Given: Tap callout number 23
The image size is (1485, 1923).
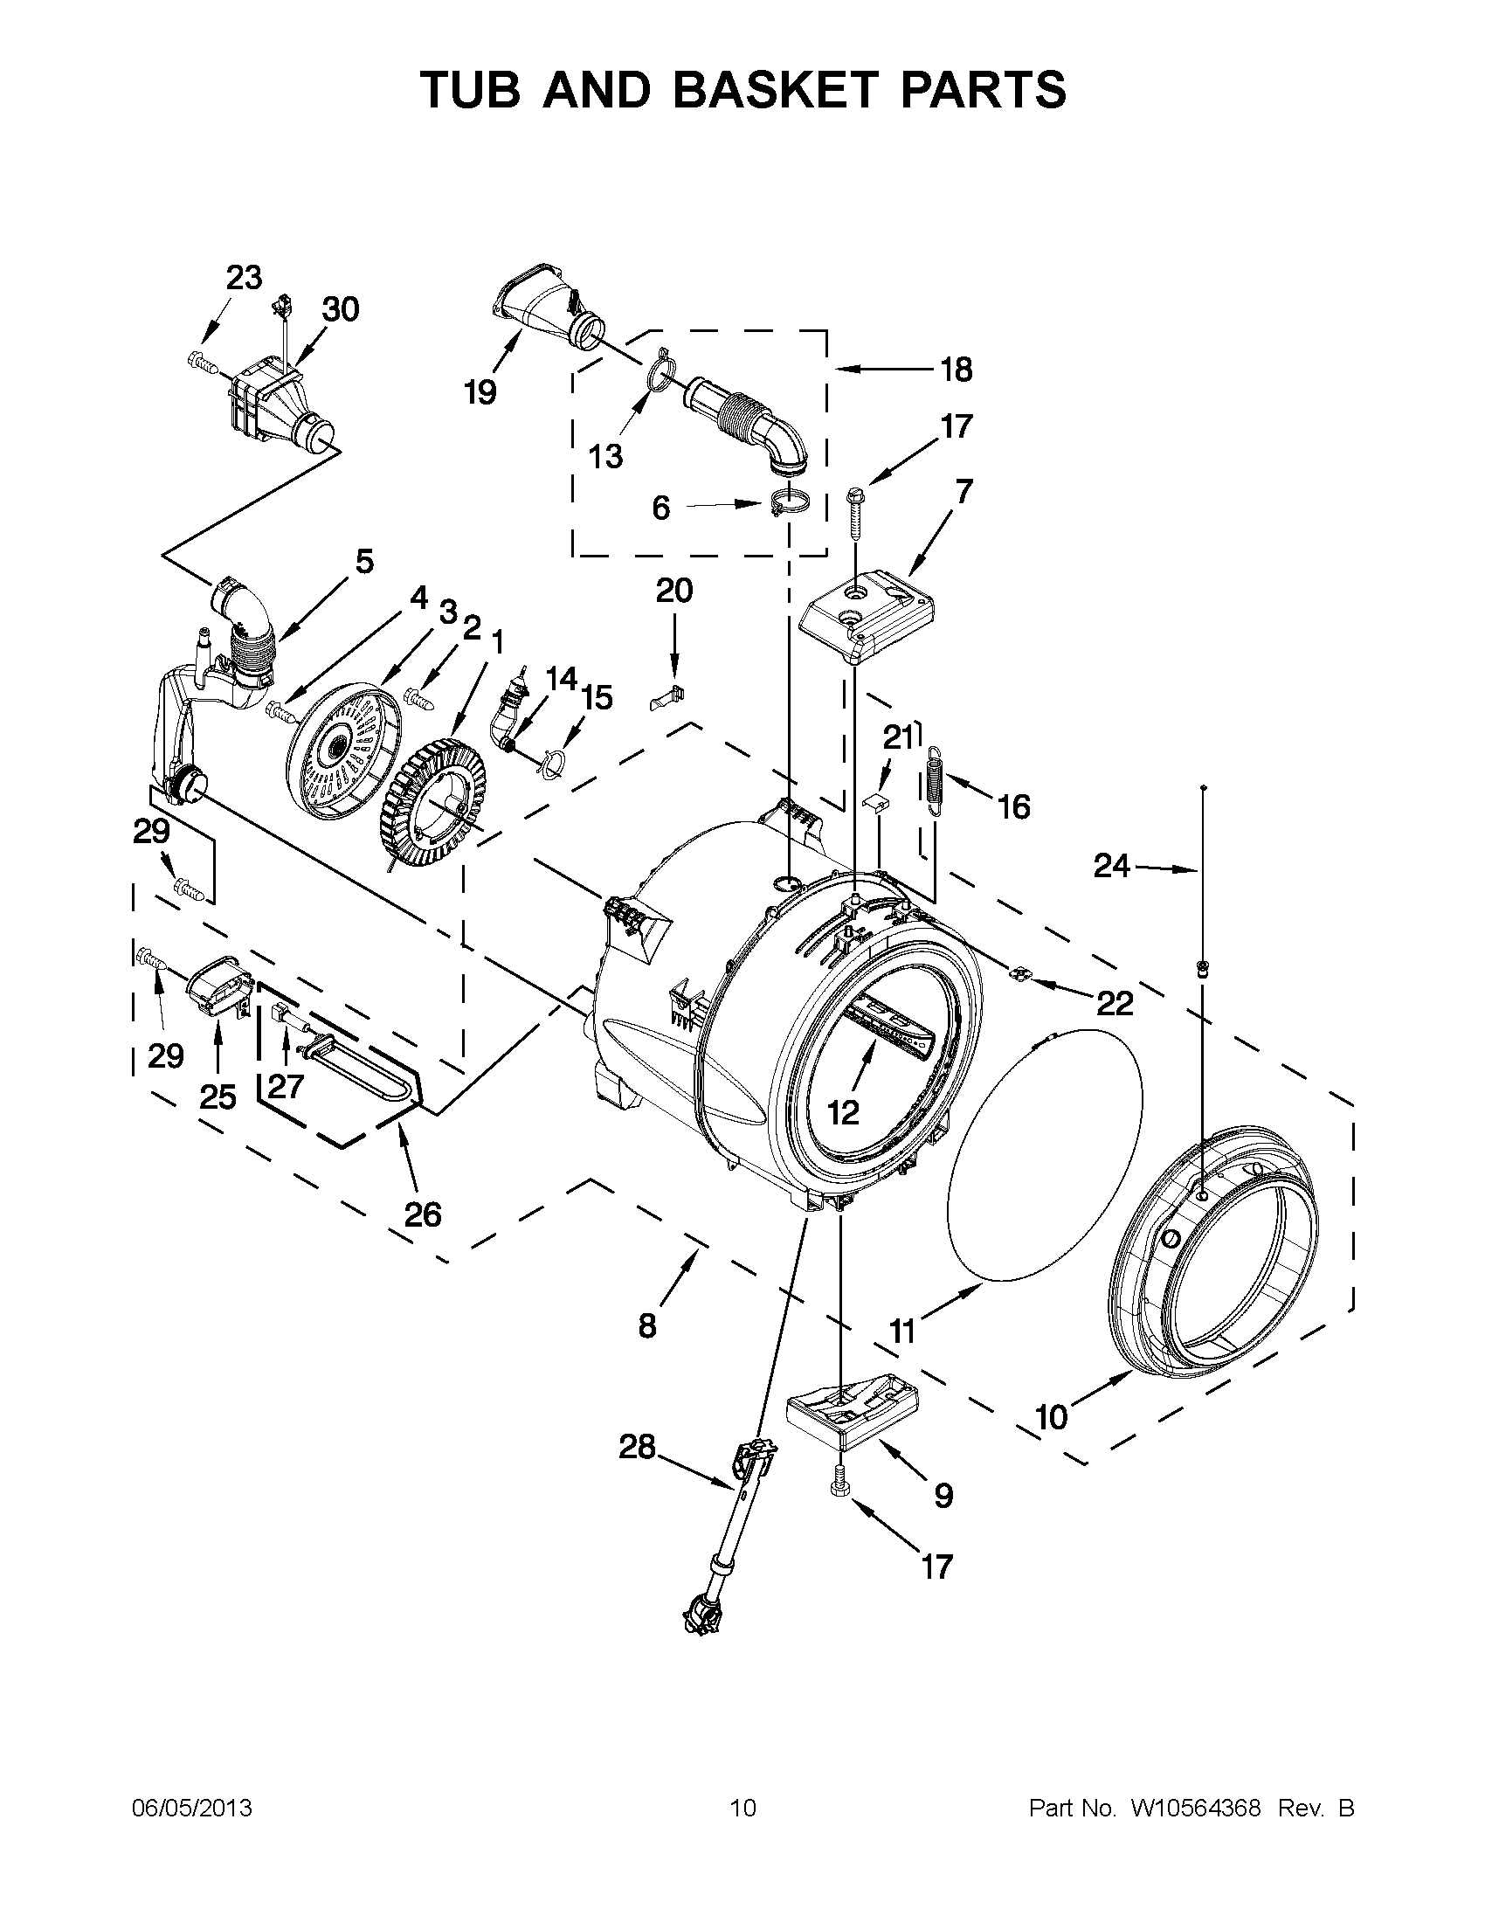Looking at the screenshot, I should [244, 277].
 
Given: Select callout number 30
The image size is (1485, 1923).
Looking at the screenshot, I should [340, 309].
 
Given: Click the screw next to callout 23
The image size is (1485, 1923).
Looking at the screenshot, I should [201, 360].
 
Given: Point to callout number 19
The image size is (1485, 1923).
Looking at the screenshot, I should [480, 391].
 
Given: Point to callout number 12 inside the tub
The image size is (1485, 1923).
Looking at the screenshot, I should [842, 1113].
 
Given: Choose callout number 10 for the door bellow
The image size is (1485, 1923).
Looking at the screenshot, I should [1051, 1417].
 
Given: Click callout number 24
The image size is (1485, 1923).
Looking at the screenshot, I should [1111, 867].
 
